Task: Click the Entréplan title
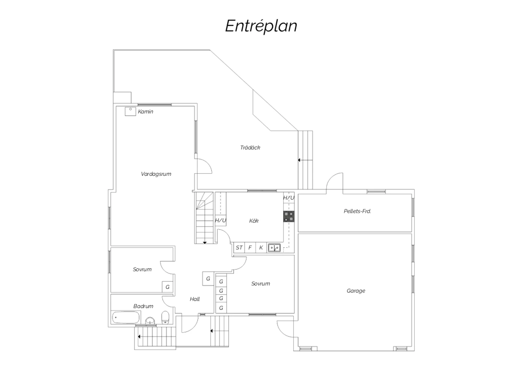[261, 26]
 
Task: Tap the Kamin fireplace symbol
[130, 111]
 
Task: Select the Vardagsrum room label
[156, 174]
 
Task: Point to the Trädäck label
[250, 148]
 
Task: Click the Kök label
[254, 221]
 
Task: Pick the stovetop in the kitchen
[289, 216]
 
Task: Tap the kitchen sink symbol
[274, 247]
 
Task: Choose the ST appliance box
[239, 247]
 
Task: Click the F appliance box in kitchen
[250, 247]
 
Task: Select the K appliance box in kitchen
[261, 247]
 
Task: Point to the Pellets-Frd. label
[357, 211]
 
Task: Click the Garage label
[356, 291]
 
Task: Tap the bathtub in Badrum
[126, 317]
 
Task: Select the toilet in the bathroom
[165, 317]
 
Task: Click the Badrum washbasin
[150, 321]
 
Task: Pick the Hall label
[195, 299]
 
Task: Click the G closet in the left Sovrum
[167, 287]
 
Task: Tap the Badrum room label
[143, 306]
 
